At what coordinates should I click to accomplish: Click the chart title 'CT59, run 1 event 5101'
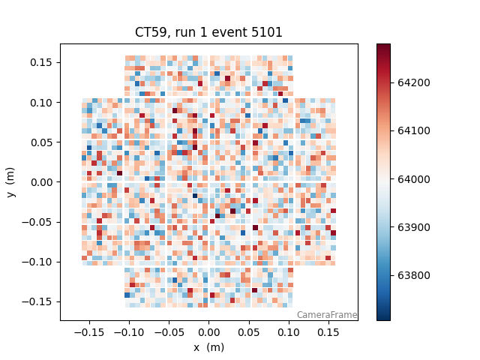[208, 32]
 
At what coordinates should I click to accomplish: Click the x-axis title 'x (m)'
[208, 347]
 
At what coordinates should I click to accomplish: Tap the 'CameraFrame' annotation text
[326, 315]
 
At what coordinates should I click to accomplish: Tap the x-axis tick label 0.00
[208, 331]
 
